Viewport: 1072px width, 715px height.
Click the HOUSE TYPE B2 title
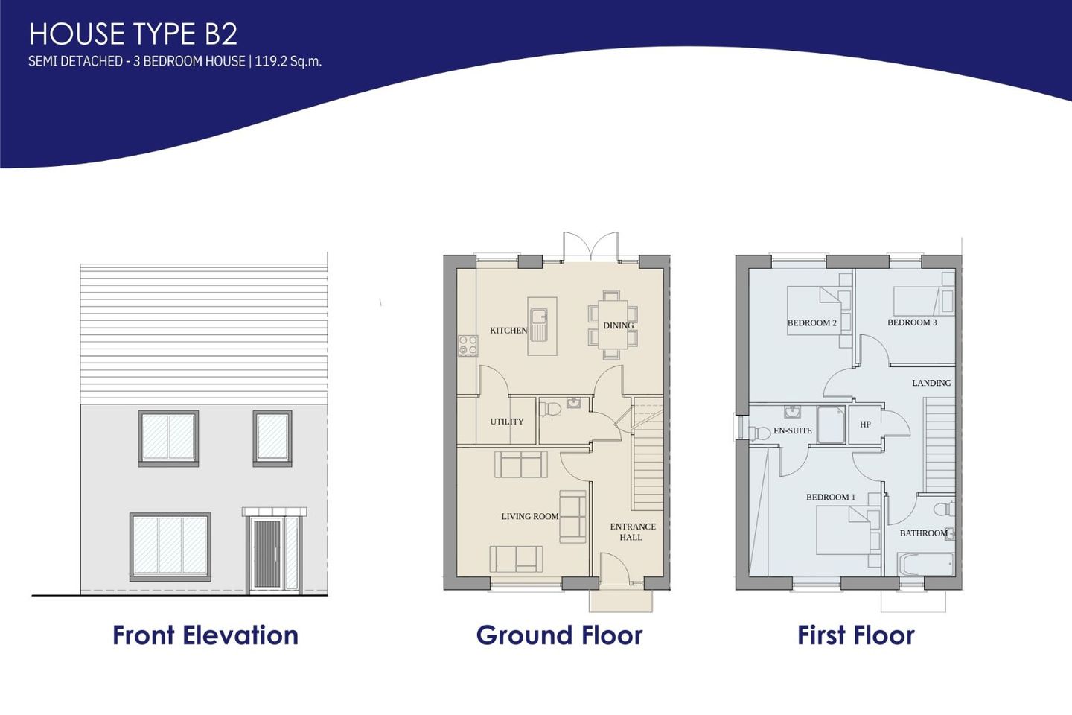point(133,34)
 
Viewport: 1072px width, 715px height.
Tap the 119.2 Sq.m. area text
point(288,61)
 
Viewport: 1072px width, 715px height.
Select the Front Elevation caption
point(205,635)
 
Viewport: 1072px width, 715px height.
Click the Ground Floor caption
point(559,635)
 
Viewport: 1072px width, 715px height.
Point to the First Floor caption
point(855,635)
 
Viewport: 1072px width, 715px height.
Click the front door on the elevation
point(267,554)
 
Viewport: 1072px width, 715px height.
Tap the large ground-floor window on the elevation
point(170,545)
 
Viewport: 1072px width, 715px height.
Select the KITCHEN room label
point(508,331)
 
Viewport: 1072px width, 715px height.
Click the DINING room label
point(618,325)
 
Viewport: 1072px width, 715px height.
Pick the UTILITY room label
point(507,422)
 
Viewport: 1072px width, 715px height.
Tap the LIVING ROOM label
point(529,516)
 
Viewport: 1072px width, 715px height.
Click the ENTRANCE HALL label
point(632,532)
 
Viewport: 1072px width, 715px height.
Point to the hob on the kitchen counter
point(468,346)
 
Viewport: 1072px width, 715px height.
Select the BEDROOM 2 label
point(811,323)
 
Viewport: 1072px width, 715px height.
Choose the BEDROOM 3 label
point(912,322)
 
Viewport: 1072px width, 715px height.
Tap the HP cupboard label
point(865,425)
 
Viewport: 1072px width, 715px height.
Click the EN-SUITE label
point(792,430)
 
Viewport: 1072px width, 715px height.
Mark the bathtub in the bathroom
point(925,564)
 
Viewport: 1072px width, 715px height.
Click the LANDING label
point(931,383)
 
